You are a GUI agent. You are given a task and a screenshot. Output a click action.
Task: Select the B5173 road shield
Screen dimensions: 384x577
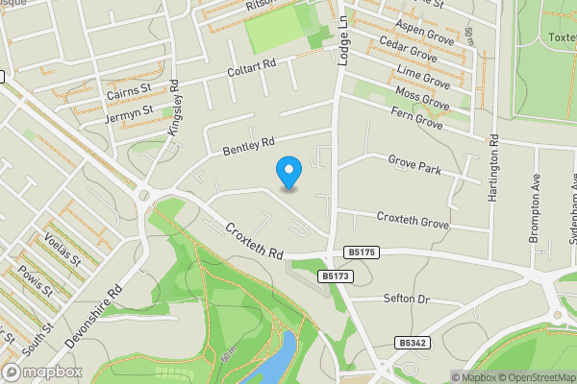(x=334, y=276)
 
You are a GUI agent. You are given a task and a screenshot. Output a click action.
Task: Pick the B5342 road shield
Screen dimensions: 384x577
(x=411, y=342)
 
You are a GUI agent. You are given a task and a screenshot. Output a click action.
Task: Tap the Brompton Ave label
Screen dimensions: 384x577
(x=537, y=207)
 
